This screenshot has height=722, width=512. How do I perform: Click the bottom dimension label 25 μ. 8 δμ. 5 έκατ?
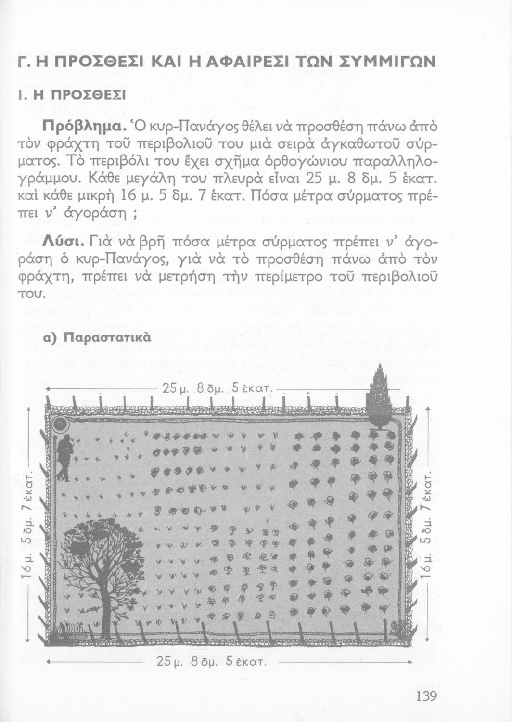pyautogui.click(x=212, y=661)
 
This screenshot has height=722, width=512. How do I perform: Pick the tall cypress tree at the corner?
pyautogui.click(x=380, y=400)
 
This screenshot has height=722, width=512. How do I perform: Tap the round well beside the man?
pyautogui.click(x=61, y=424)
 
